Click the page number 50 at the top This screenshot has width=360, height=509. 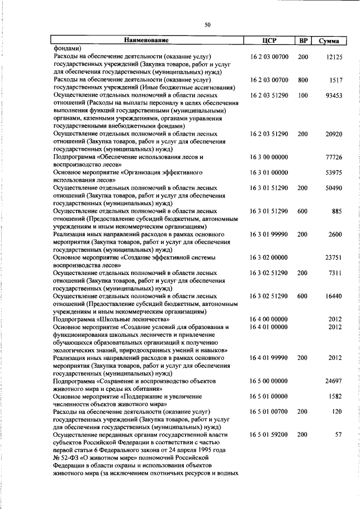pos(207,24)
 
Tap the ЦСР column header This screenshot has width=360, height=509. pos(268,40)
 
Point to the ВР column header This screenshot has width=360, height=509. pos(303,40)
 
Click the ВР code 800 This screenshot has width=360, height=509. pos(303,80)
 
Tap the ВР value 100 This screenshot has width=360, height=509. pos(303,96)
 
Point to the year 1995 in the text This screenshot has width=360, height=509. pos(203,450)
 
